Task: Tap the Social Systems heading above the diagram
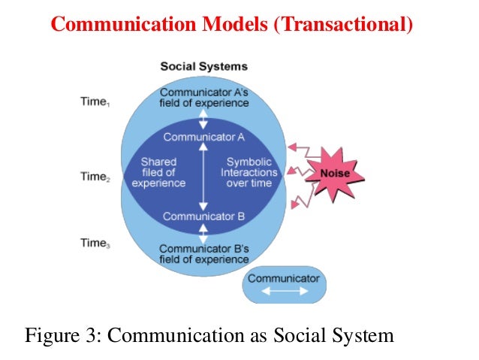203,67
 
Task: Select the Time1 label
96,101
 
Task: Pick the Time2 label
96,177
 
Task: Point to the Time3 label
96,243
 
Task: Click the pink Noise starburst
334,174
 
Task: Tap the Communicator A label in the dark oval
204,137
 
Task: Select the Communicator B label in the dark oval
204,216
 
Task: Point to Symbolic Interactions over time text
249,172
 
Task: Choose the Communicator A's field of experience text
203,98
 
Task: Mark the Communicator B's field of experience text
203,254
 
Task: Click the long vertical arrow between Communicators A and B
203,177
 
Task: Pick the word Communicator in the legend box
283,278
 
